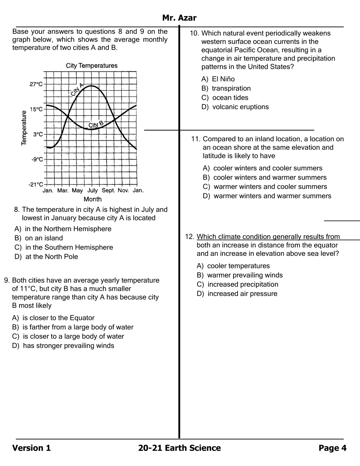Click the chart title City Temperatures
(x=92, y=66)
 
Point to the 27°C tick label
(x=36, y=84)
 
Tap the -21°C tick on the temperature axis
(x=36, y=184)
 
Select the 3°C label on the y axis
(x=38, y=134)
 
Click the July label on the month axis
(x=92, y=190)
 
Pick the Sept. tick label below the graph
(x=108, y=190)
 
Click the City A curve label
(x=77, y=89)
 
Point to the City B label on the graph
(x=96, y=124)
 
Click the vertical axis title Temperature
(x=24, y=128)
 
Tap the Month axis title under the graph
(x=92, y=199)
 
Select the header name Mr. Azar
(x=179, y=18)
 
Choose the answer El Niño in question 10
(x=223, y=79)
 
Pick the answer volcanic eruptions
(x=240, y=107)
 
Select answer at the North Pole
(x=51, y=257)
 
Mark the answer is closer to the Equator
(x=58, y=318)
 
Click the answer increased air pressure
(x=242, y=294)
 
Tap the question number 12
(x=189, y=237)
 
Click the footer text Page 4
(x=332, y=448)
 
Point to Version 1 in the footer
(x=32, y=448)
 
